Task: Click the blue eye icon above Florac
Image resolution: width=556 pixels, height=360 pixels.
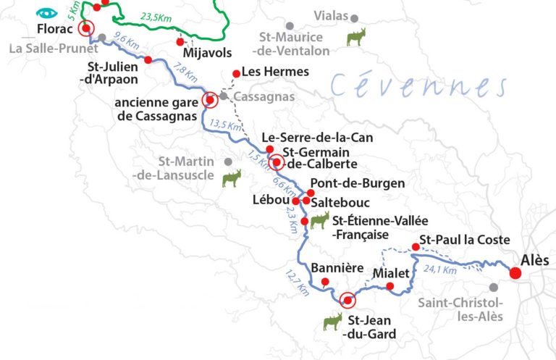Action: coord(47,12)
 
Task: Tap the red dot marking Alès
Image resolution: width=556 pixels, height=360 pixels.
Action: coord(515,273)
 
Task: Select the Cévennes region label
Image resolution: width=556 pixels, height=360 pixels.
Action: coord(418,85)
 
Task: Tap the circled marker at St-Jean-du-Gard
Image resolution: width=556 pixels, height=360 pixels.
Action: coord(347,300)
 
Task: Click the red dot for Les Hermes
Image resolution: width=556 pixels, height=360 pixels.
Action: coord(235,73)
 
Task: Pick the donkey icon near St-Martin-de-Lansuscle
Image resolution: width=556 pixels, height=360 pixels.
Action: coord(231,178)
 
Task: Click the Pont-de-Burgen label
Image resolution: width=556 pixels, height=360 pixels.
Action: coord(357,184)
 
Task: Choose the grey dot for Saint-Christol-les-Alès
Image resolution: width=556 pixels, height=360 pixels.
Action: coord(494,288)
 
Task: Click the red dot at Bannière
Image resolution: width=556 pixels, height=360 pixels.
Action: coord(325,282)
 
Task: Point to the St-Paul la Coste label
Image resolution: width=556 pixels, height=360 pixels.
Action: coord(465,240)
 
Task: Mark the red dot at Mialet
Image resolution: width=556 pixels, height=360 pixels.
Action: coord(390,287)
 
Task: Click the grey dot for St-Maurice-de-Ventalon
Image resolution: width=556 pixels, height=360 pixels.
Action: coord(290,26)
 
